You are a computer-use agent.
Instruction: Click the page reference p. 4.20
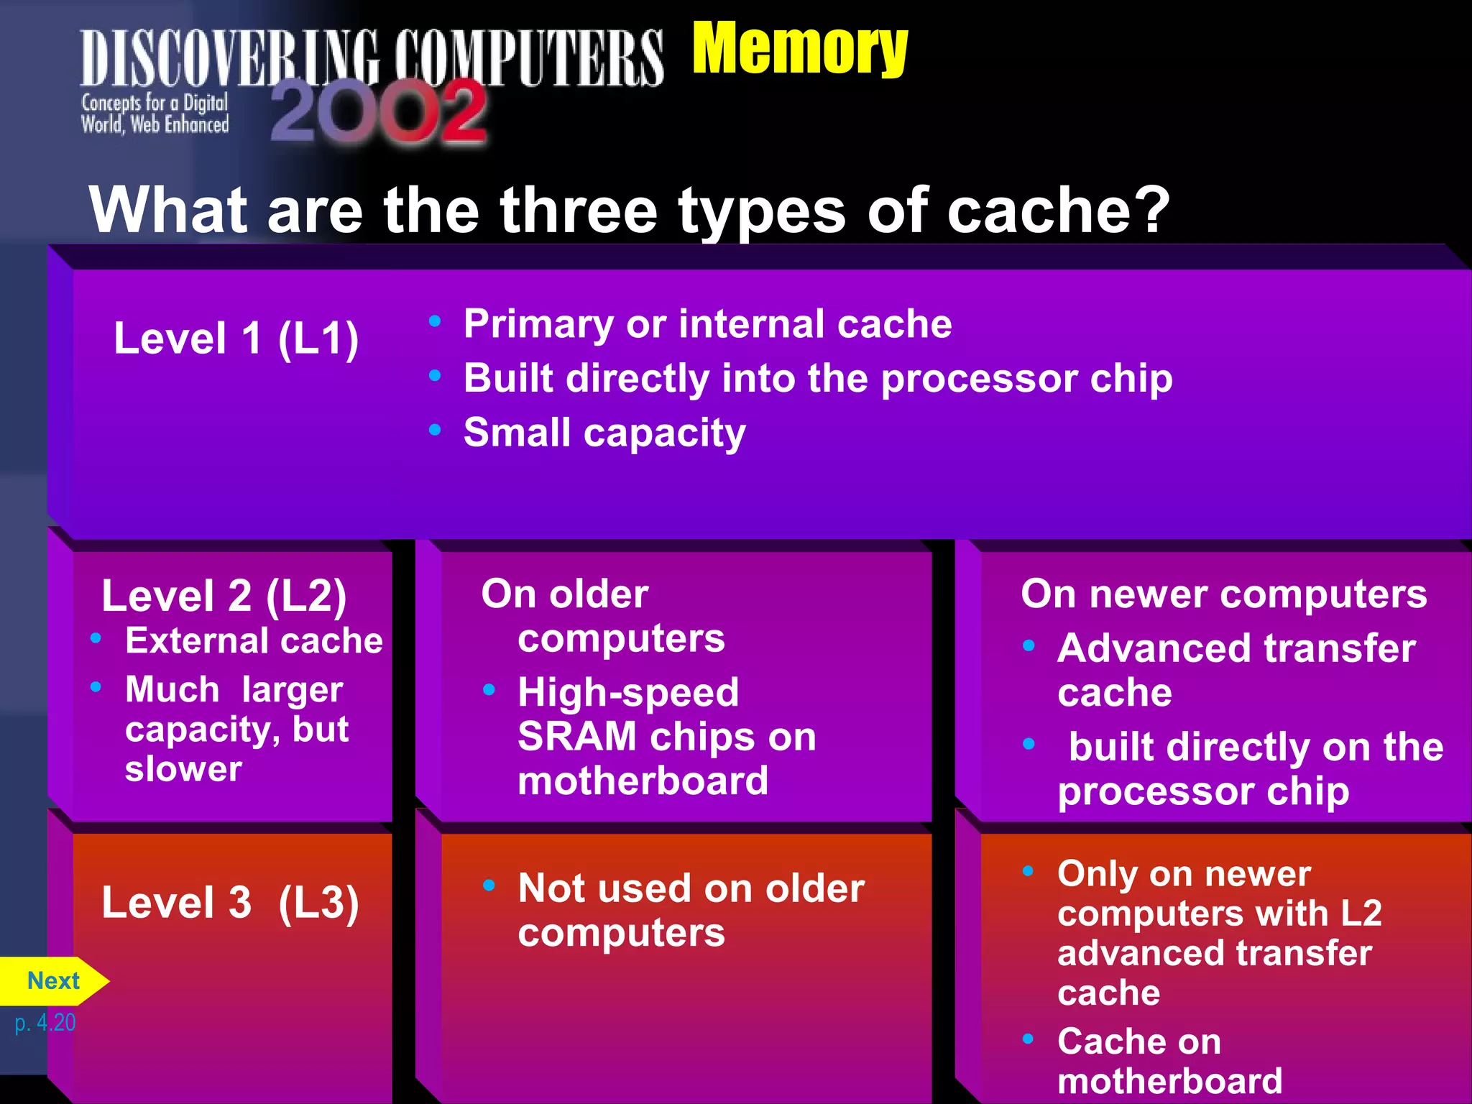(x=45, y=1022)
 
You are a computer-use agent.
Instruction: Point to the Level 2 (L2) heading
(x=224, y=596)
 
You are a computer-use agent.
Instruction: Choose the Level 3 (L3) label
(x=230, y=903)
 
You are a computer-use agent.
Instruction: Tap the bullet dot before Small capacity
(x=434, y=430)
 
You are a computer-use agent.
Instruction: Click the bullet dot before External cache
(x=96, y=638)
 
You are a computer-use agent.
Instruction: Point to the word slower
(x=183, y=768)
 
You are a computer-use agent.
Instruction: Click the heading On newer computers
(x=1223, y=594)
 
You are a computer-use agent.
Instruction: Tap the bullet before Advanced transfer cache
(x=1029, y=645)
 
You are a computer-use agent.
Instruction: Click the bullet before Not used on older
(x=489, y=885)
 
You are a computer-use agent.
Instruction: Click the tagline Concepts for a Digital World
(x=155, y=114)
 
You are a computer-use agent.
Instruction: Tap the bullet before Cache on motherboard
(x=1029, y=1039)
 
